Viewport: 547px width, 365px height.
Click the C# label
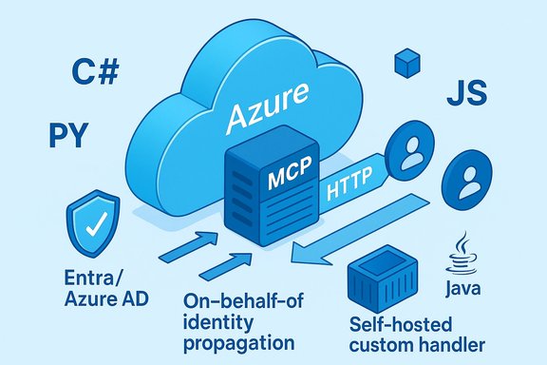click(94, 72)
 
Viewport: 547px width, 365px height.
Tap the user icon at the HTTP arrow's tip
click(412, 152)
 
